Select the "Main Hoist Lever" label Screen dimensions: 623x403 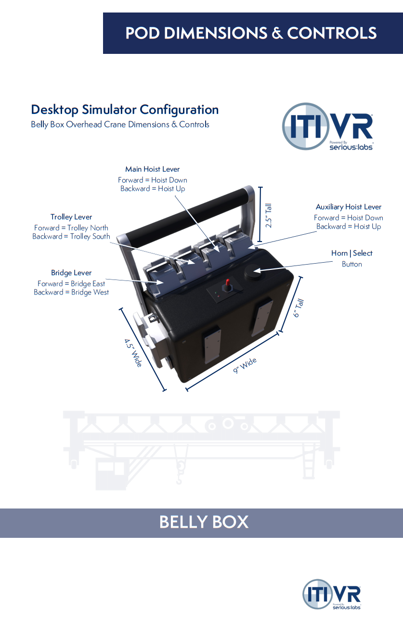click(x=152, y=169)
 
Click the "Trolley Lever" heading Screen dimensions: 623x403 click(x=71, y=217)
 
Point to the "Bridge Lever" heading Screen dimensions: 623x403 click(x=71, y=273)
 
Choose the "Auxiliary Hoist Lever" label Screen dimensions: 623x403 click(x=349, y=207)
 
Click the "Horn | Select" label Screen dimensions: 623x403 click(x=351, y=253)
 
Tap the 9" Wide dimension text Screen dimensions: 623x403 click(x=245, y=366)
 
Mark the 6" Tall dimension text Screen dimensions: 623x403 click(x=299, y=308)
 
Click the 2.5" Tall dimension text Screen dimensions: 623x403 click(x=269, y=216)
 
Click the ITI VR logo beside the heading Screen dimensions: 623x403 click(x=327, y=126)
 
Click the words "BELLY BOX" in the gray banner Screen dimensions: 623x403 click(x=204, y=522)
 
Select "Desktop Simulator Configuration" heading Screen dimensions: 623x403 click(x=125, y=110)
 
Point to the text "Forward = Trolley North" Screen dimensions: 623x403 click(x=71, y=228)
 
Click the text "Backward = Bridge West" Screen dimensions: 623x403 click(x=71, y=292)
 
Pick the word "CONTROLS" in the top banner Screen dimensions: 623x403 click(x=332, y=33)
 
